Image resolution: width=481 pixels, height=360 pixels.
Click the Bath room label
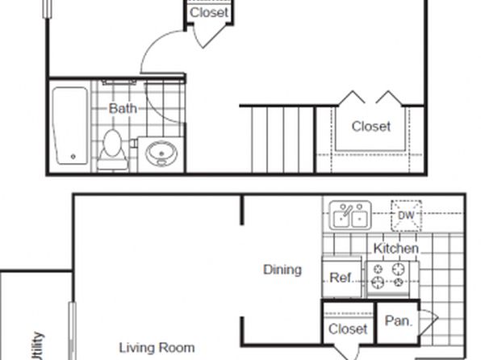123,108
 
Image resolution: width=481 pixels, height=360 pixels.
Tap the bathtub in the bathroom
70,126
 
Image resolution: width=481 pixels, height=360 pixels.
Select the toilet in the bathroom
112,150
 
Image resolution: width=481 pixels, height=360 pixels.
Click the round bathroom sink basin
161,153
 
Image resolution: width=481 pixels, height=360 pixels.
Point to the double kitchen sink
350,216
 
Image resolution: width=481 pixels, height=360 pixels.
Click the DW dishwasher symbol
406,216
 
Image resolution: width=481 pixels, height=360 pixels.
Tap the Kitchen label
395,249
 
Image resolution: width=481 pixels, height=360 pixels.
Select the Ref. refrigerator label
341,278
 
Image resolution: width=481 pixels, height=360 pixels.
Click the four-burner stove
388,278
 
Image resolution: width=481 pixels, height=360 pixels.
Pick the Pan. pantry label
398,321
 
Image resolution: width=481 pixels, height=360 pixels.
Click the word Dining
282,270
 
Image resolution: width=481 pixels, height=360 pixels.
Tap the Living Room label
157,348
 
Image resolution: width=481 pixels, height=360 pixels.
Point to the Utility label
37,346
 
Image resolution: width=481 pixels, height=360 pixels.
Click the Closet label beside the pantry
348,329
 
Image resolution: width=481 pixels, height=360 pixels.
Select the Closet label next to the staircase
371,127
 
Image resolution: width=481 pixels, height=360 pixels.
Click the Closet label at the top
209,13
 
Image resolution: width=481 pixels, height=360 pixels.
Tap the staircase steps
282,140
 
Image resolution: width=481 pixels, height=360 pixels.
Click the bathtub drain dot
73,157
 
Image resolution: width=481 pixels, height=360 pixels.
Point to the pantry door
429,322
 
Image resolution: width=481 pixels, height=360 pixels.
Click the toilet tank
112,164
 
